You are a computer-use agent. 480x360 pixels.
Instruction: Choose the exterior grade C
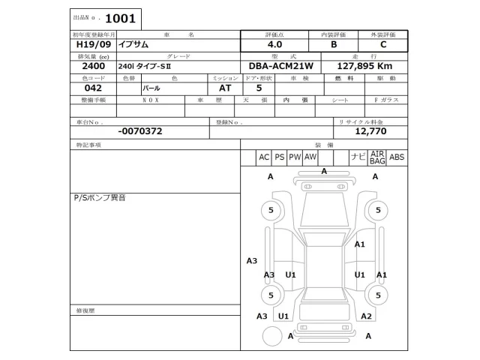click(383, 44)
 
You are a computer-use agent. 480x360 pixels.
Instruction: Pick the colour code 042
click(83, 88)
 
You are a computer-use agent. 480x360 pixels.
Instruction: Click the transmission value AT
click(214, 88)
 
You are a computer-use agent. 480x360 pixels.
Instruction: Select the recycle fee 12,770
click(370, 130)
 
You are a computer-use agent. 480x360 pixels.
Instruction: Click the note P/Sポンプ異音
click(99, 198)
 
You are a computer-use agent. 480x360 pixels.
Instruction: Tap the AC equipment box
click(263, 157)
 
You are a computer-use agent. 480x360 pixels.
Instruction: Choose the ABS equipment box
click(397, 157)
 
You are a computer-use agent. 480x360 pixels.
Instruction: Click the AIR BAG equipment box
click(377, 157)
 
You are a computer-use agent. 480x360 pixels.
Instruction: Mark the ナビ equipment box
click(358, 157)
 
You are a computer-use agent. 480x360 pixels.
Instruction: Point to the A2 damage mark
click(366, 316)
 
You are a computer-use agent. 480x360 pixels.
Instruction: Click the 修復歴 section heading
click(85, 310)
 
